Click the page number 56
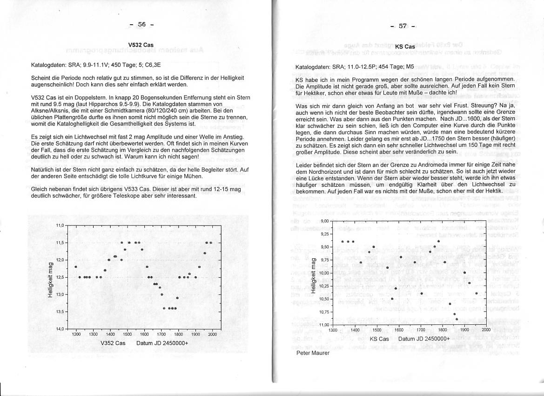[x=142, y=25]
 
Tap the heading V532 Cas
[x=141, y=45]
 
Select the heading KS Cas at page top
[x=405, y=47]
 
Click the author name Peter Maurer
[x=312, y=353]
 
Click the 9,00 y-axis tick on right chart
[x=325, y=221]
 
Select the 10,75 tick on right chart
[x=324, y=312]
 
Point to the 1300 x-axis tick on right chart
[x=332, y=330]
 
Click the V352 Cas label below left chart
[x=113, y=343]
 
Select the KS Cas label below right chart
[x=379, y=339]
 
